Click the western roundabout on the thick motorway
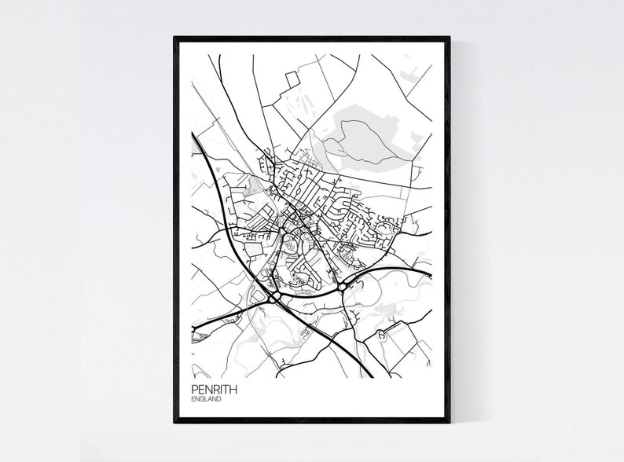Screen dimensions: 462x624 tap(274, 297)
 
